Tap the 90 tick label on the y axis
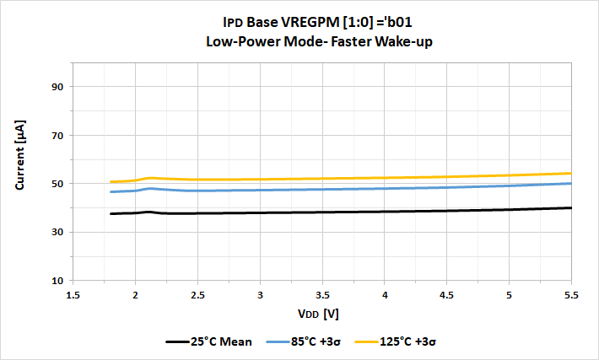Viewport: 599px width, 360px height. [58, 87]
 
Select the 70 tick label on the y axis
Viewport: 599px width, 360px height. [58, 135]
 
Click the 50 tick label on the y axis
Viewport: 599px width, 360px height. [58, 184]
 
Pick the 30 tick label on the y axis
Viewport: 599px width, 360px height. [58, 232]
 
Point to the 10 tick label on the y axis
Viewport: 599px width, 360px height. [58, 281]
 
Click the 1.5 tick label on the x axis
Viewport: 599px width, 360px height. [73, 295]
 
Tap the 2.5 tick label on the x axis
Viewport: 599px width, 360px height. [197, 295]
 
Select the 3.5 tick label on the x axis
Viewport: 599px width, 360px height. [322, 295]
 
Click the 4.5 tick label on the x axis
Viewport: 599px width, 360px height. [447, 295]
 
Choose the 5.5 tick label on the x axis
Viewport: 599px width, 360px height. [571, 295]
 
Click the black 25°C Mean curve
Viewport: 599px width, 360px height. [337, 212]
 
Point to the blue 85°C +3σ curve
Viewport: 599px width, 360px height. [337, 189]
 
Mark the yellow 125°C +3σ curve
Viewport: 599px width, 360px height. [337, 178]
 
